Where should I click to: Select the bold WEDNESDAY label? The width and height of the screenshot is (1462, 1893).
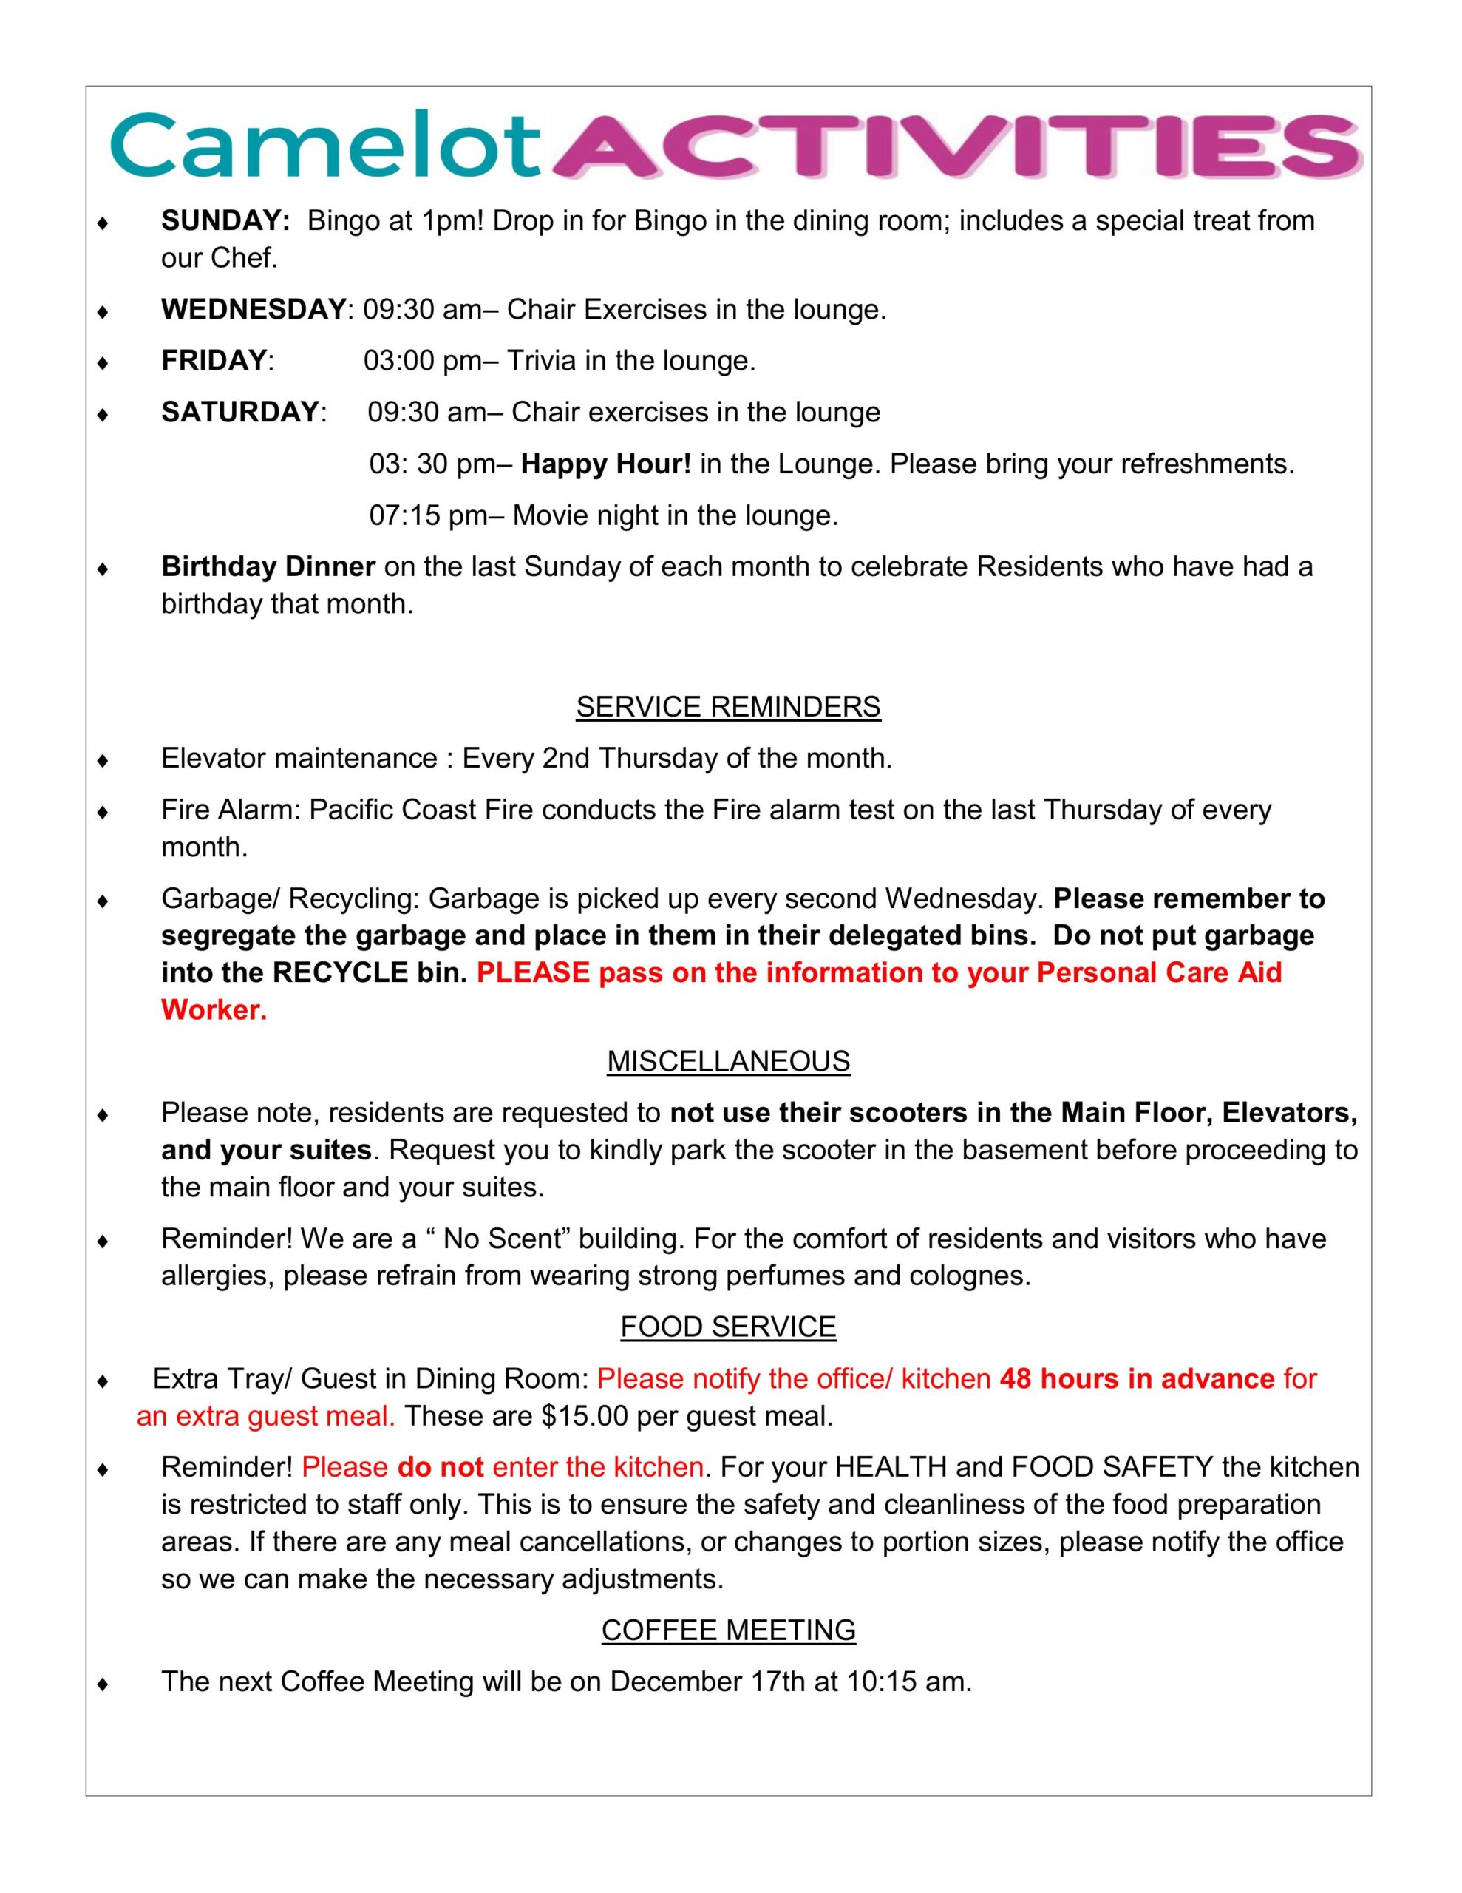(253, 309)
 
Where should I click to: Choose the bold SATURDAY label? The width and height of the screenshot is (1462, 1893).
(240, 412)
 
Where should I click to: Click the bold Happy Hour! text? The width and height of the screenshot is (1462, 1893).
(606, 464)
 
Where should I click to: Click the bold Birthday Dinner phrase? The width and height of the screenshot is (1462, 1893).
(268, 567)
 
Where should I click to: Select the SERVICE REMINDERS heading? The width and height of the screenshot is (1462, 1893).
(728, 706)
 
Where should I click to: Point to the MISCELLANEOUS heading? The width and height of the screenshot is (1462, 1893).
(728, 1061)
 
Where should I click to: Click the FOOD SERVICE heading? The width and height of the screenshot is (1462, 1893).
(728, 1327)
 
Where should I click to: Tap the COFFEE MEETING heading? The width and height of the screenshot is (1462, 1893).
(728, 1630)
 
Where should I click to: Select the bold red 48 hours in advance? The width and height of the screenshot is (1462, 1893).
(1137, 1379)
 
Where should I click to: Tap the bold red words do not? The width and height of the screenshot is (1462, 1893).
(441, 1467)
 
